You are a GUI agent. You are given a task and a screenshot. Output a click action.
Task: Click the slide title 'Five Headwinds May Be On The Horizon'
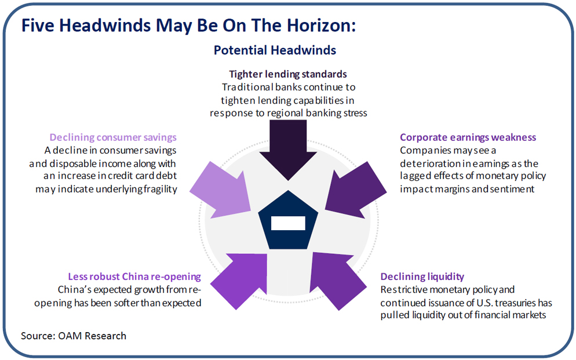pyautogui.click(x=188, y=26)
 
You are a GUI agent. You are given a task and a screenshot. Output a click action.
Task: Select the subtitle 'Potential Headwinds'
pyautogui.click(x=275, y=50)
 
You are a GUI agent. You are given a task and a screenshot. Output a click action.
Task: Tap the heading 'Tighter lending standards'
pyautogui.click(x=288, y=74)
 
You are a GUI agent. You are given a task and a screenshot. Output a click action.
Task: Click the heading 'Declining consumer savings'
pyautogui.click(x=113, y=137)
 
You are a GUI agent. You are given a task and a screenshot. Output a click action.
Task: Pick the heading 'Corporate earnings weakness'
pyautogui.click(x=468, y=137)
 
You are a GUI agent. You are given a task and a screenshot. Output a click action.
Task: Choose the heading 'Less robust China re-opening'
pyautogui.click(x=134, y=277)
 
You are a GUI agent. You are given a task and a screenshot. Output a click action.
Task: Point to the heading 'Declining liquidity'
pyautogui.click(x=422, y=277)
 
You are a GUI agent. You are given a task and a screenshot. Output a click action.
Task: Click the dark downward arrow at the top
pyautogui.click(x=288, y=150)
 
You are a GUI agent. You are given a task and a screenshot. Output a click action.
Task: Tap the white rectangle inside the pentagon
pyautogui.click(x=288, y=223)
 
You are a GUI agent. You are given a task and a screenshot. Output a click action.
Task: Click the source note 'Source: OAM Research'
pyautogui.click(x=74, y=336)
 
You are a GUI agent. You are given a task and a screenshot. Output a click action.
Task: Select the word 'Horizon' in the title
pyautogui.click(x=321, y=26)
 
